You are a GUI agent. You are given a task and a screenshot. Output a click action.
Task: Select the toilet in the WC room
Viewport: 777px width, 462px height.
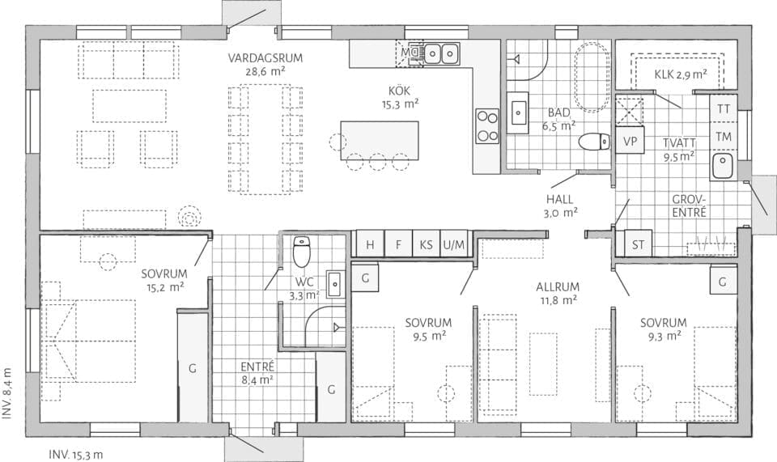click(x=301, y=252)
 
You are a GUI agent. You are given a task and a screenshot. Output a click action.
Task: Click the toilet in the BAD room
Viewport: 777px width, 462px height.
click(x=594, y=142)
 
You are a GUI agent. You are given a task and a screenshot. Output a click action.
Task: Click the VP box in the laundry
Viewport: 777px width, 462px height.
click(x=630, y=139)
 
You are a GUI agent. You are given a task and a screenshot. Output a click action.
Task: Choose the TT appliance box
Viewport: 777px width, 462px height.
click(x=724, y=108)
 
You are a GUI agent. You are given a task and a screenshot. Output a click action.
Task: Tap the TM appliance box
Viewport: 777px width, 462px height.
click(x=724, y=137)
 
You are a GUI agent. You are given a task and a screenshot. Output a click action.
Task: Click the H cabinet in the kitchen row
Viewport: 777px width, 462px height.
click(x=370, y=244)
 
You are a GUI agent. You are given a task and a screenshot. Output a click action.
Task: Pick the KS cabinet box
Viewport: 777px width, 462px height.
click(x=426, y=244)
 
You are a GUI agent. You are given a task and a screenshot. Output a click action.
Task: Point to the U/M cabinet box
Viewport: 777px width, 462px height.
click(x=454, y=244)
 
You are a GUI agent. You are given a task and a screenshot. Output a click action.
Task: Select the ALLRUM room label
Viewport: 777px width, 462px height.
click(x=556, y=293)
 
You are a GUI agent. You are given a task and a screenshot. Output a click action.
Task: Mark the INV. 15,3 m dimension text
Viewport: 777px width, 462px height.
click(x=76, y=454)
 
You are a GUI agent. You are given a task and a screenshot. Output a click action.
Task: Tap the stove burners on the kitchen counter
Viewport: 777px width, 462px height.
click(x=487, y=125)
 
